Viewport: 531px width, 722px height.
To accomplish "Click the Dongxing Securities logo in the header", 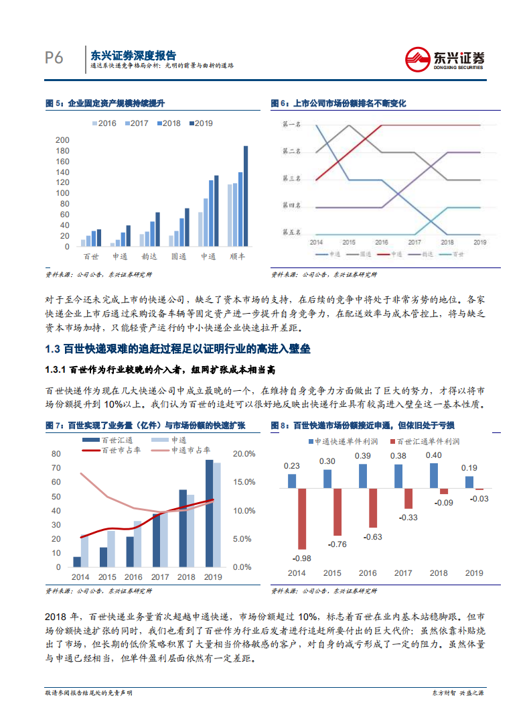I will point(445,58).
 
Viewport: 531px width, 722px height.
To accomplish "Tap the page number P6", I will point(54,58).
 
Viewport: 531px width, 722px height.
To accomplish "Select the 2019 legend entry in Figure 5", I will point(200,123).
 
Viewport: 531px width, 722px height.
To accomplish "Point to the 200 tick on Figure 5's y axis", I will point(62,140).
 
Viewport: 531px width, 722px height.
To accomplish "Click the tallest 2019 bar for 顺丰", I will point(245,196).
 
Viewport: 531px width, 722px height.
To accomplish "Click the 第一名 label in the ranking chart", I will point(292,124).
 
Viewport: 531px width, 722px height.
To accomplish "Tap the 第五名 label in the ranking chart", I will point(292,232).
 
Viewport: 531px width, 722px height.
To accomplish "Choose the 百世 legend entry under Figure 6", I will point(454,255).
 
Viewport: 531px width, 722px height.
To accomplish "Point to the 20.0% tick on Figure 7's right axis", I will point(243,454).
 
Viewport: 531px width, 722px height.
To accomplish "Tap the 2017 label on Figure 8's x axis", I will point(403,573).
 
